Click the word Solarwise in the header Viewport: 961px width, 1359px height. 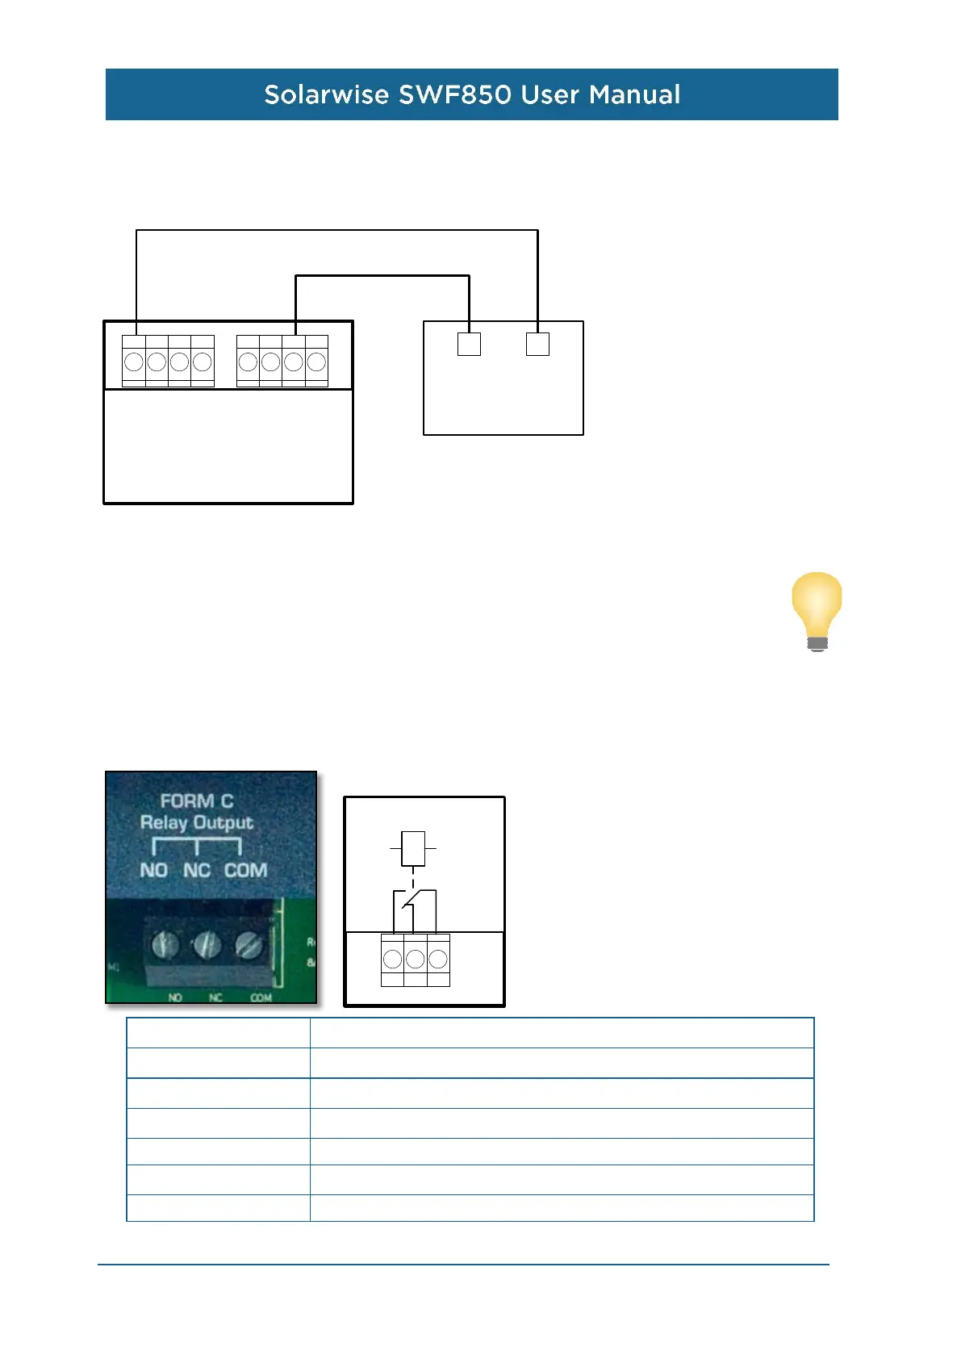click(x=327, y=94)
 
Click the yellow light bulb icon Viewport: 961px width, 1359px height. click(x=817, y=605)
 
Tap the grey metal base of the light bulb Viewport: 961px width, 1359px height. click(x=817, y=643)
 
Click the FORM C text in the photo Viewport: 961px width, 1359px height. click(x=197, y=801)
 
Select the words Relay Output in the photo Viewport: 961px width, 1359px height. click(x=197, y=822)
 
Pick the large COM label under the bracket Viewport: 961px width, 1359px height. click(x=245, y=871)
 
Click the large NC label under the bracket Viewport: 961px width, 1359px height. click(x=197, y=871)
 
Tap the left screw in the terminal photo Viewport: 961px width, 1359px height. click(x=165, y=943)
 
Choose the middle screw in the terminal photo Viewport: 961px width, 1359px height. click(x=207, y=943)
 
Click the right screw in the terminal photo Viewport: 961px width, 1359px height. click(x=249, y=944)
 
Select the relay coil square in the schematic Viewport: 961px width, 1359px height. click(x=413, y=848)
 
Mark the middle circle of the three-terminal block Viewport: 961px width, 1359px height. click(x=415, y=959)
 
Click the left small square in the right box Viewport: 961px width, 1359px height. click(x=469, y=344)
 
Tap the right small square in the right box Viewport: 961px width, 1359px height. click(x=537, y=344)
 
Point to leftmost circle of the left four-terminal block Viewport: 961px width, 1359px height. click(x=134, y=362)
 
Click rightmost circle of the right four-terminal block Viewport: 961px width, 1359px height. click(x=316, y=362)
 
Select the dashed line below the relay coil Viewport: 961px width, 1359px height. click(x=413, y=878)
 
